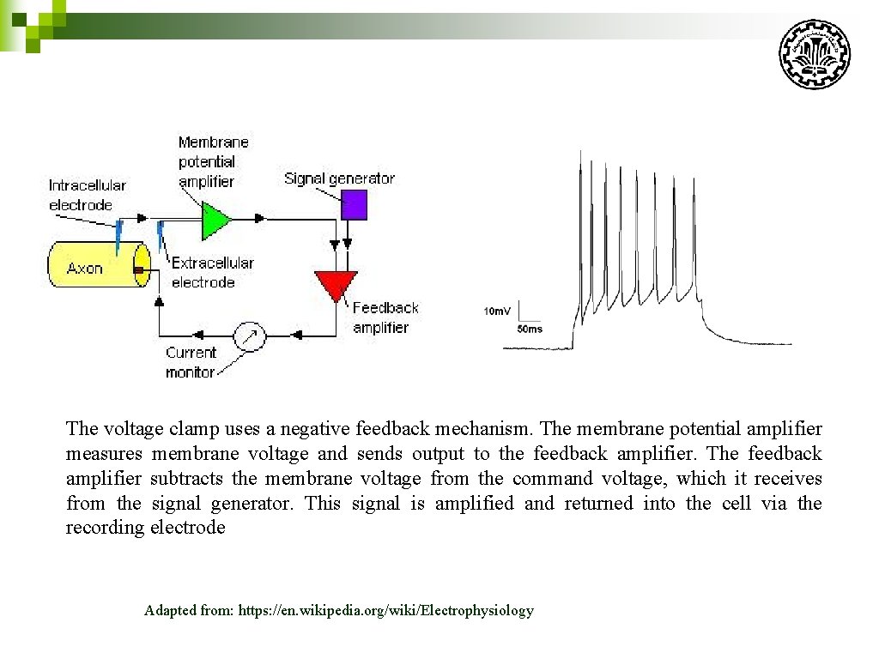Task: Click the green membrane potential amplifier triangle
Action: coord(215,221)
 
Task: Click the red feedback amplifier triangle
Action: coord(335,284)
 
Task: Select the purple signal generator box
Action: coord(354,205)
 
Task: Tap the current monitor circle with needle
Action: coord(250,336)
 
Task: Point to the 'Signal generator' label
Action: coord(339,178)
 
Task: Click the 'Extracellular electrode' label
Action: coord(212,273)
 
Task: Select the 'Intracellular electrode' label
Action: coord(87,195)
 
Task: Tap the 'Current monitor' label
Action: coord(191,362)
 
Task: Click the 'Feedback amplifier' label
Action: coord(385,317)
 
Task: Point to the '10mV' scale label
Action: coord(497,311)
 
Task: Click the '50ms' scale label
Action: coord(529,329)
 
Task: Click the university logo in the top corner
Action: coord(814,53)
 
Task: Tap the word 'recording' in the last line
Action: coord(105,528)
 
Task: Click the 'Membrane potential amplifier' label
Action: coord(213,161)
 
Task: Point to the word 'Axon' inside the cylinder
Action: coord(84,269)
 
